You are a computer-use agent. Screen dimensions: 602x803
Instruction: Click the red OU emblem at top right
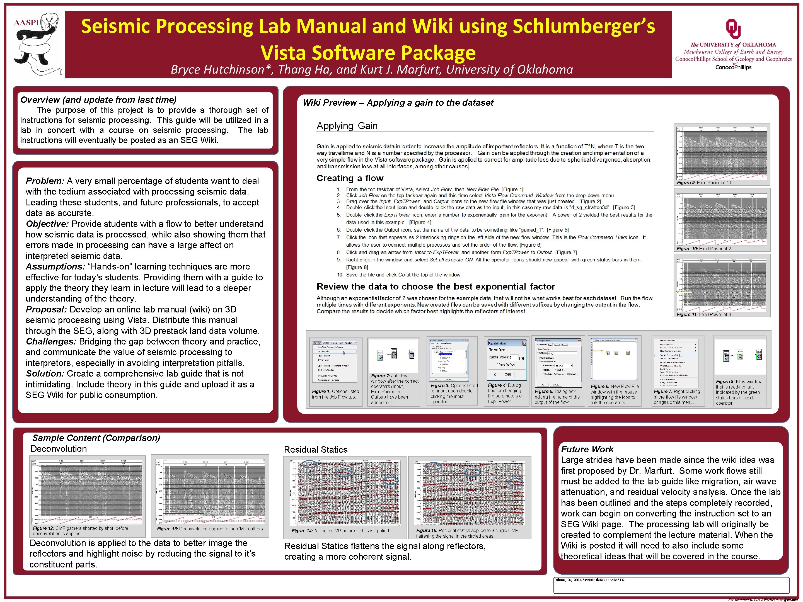[733, 29]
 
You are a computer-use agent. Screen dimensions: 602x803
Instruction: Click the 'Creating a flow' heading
[350, 178]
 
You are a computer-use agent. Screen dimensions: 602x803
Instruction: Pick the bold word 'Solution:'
[45, 373]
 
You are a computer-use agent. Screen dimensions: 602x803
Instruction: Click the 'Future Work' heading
[587, 449]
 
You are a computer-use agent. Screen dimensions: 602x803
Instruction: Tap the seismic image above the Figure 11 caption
[722, 285]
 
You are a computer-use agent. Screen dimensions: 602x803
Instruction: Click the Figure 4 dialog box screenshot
[506, 359]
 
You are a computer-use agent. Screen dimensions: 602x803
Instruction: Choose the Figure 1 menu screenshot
[334, 361]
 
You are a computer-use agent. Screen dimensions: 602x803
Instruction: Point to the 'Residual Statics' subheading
[315, 450]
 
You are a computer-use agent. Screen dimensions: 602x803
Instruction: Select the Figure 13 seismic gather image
[210, 491]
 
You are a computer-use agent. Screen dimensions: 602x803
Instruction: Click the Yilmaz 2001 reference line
[590, 580]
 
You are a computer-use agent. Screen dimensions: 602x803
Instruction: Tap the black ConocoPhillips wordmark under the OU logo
[733, 67]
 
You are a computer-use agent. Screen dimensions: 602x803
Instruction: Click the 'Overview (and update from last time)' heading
[98, 100]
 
